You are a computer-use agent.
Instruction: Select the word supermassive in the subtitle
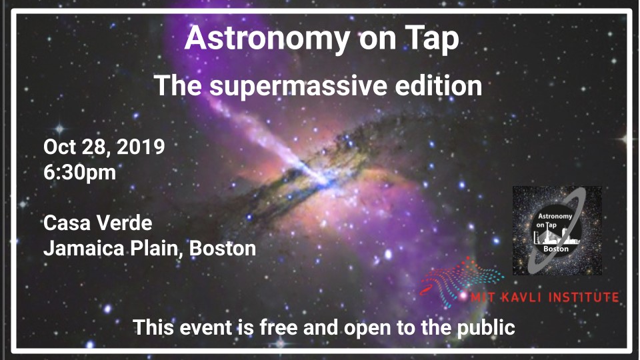[x=297, y=87]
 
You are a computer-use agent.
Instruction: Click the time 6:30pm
[x=79, y=173]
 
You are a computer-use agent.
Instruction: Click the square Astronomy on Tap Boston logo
[x=557, y=230]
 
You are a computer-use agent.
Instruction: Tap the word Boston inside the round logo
[x=555, y=249]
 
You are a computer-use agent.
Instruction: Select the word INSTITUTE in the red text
[x=584, y=297]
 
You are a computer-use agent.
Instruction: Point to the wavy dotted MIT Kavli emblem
[x=461, y=281]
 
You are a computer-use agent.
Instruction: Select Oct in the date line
[x=59, y=147]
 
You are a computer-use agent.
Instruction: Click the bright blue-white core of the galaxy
[x=323, y=181]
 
